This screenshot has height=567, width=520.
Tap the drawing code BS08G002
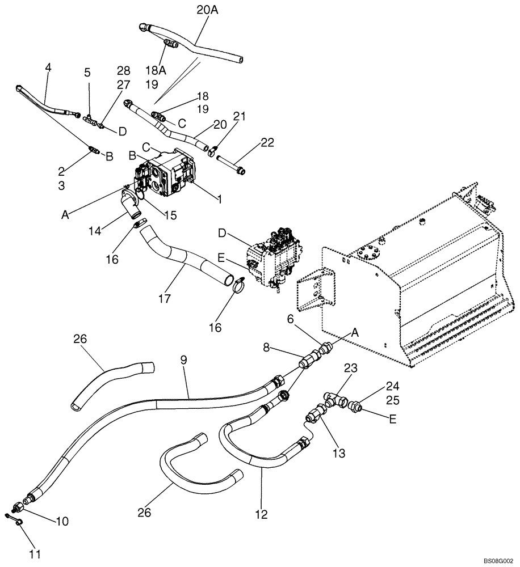[498, 558]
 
